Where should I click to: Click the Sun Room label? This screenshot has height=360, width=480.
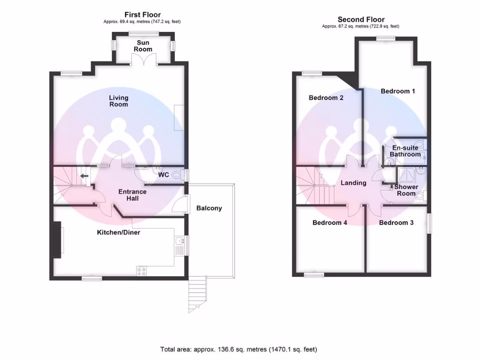coord(143,46)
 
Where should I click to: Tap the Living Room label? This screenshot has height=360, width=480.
coord(119,101)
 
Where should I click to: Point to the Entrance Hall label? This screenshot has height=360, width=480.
coord(132,195)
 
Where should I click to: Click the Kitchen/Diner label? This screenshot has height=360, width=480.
coord(119,232)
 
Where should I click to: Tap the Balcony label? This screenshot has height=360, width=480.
coord(209,208)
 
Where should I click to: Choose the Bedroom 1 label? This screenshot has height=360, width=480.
coord(397,91)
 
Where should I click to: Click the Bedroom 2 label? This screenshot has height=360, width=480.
coord(326,98)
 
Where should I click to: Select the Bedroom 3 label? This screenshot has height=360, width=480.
coord(396,223)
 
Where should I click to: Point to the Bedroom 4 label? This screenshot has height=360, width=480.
coord(330,223)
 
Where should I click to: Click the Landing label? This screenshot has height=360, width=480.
coord(353,183)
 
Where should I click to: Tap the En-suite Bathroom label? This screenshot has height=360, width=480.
coord(405,151)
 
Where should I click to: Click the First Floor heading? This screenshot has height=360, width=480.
coord(142,15)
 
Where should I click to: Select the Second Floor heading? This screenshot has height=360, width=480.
coord(361,19)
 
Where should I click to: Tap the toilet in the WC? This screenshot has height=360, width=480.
coord(177,175)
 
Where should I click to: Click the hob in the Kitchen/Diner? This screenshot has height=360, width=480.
coord(142,270)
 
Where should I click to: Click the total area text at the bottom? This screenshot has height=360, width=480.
coord(239,349)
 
